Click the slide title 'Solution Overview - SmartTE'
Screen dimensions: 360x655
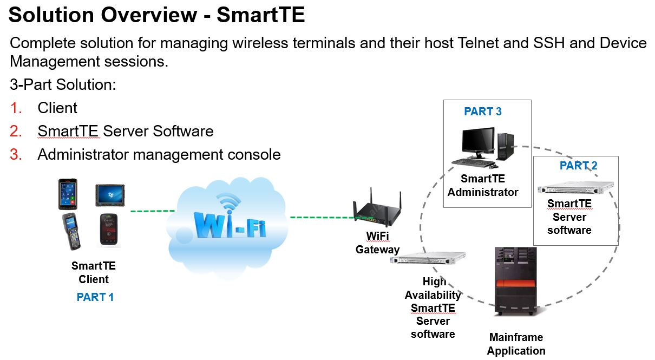(x=157, y=15)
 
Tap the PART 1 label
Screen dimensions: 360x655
(x=95, y=297)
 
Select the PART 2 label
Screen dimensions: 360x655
(x=578, y=166)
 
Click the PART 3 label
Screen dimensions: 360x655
(x=483, y=112)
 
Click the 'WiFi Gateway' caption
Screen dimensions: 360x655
(x=377, y=243)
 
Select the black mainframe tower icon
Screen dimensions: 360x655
(x=515, y=282)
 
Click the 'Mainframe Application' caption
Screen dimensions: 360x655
(x=516, y=344)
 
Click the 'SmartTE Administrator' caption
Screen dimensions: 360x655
(x=483, y=185)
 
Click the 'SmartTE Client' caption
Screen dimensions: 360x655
(x=94, y=273)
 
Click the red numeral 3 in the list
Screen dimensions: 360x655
(x=16, y=155)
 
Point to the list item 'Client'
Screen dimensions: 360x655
(x=57, y=108)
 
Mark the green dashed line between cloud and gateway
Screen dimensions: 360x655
(x=322, y=218)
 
